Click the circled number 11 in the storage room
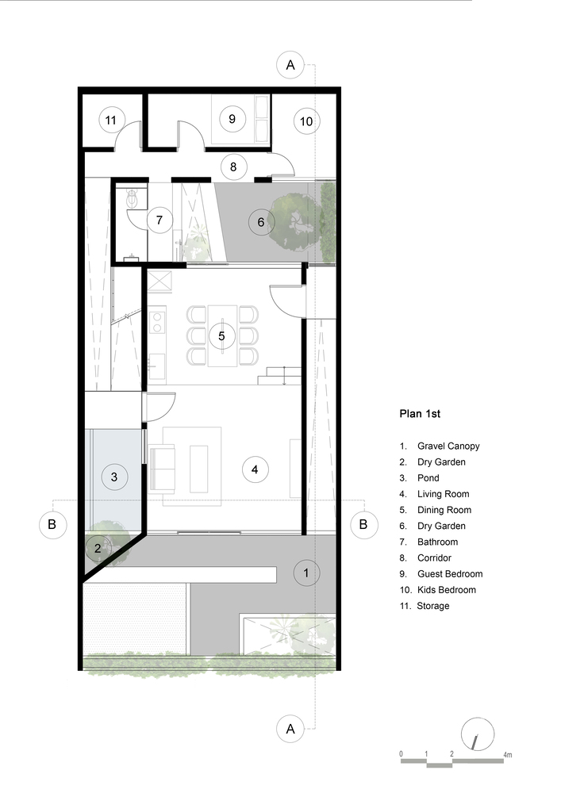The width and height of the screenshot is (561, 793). point(111,121)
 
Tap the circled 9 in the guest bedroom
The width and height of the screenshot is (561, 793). point(232,119)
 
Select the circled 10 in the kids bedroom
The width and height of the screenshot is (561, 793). point(306,121)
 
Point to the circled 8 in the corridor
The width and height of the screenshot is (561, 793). point(233,167)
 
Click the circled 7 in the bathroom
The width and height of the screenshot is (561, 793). point(159,220)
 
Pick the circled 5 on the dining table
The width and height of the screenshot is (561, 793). point(221,335)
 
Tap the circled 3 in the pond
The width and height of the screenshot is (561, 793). point(113,477)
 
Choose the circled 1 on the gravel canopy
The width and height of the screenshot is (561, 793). point(305,573)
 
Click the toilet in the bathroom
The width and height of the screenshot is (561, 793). point(133,198)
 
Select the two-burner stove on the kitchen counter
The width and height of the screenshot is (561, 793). point(157,322)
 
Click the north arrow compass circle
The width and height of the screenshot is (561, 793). point(478,734)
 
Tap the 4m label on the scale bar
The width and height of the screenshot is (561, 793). point(507,755)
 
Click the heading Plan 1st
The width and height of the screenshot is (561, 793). point(420,414)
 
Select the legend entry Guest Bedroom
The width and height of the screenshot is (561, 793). point(450,574)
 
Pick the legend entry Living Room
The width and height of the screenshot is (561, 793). point(443,494)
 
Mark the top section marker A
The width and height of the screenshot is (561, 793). point(290,65)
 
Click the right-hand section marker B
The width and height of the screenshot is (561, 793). point(363,524)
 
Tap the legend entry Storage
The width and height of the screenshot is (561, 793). point(433,606)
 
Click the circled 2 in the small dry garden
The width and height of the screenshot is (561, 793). point(98,548)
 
